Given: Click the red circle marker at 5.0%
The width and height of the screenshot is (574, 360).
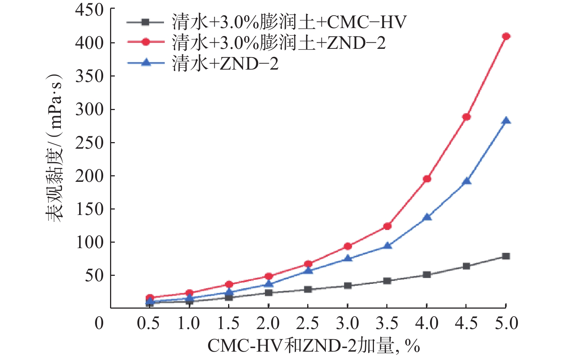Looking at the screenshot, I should pyautogui.click(x=506, y=36).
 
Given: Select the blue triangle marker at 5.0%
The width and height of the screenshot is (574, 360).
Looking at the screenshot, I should pyautogui.click(x=506, y=121).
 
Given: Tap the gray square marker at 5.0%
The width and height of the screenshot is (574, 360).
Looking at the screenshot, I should pyautogui.click(x=506, y=256).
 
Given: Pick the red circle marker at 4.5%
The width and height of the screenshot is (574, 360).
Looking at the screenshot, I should pyautogui.click(x=466, y=117).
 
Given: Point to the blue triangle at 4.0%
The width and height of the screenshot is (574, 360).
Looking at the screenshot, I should pyautogui.click(x=427, y=218).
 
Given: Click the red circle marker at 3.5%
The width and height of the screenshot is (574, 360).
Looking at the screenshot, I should pyautogui.click(x=387, y=226).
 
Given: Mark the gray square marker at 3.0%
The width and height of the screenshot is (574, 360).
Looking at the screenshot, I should pyautogui.click(x=348, y=286).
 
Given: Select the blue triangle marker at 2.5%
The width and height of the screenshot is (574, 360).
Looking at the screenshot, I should pyautogui.click(x=308, y=271).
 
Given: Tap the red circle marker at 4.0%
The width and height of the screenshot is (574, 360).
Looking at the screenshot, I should pyautogui.click(x=427, y=179).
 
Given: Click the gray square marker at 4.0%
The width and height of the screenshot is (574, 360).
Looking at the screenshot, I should pyautogui.click(x=427, y=275).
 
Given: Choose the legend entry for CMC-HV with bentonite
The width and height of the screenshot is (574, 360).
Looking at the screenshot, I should pyautogui.click(x=266, y=23).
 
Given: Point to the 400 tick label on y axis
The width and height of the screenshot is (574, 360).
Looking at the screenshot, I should pyautogui.click(x=89, y=43).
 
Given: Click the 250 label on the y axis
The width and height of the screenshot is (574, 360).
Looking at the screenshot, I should pyautogui.click(x=89, y=142).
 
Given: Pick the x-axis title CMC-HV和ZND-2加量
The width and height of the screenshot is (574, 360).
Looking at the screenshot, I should pyautogui.click(x=313, y=346).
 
